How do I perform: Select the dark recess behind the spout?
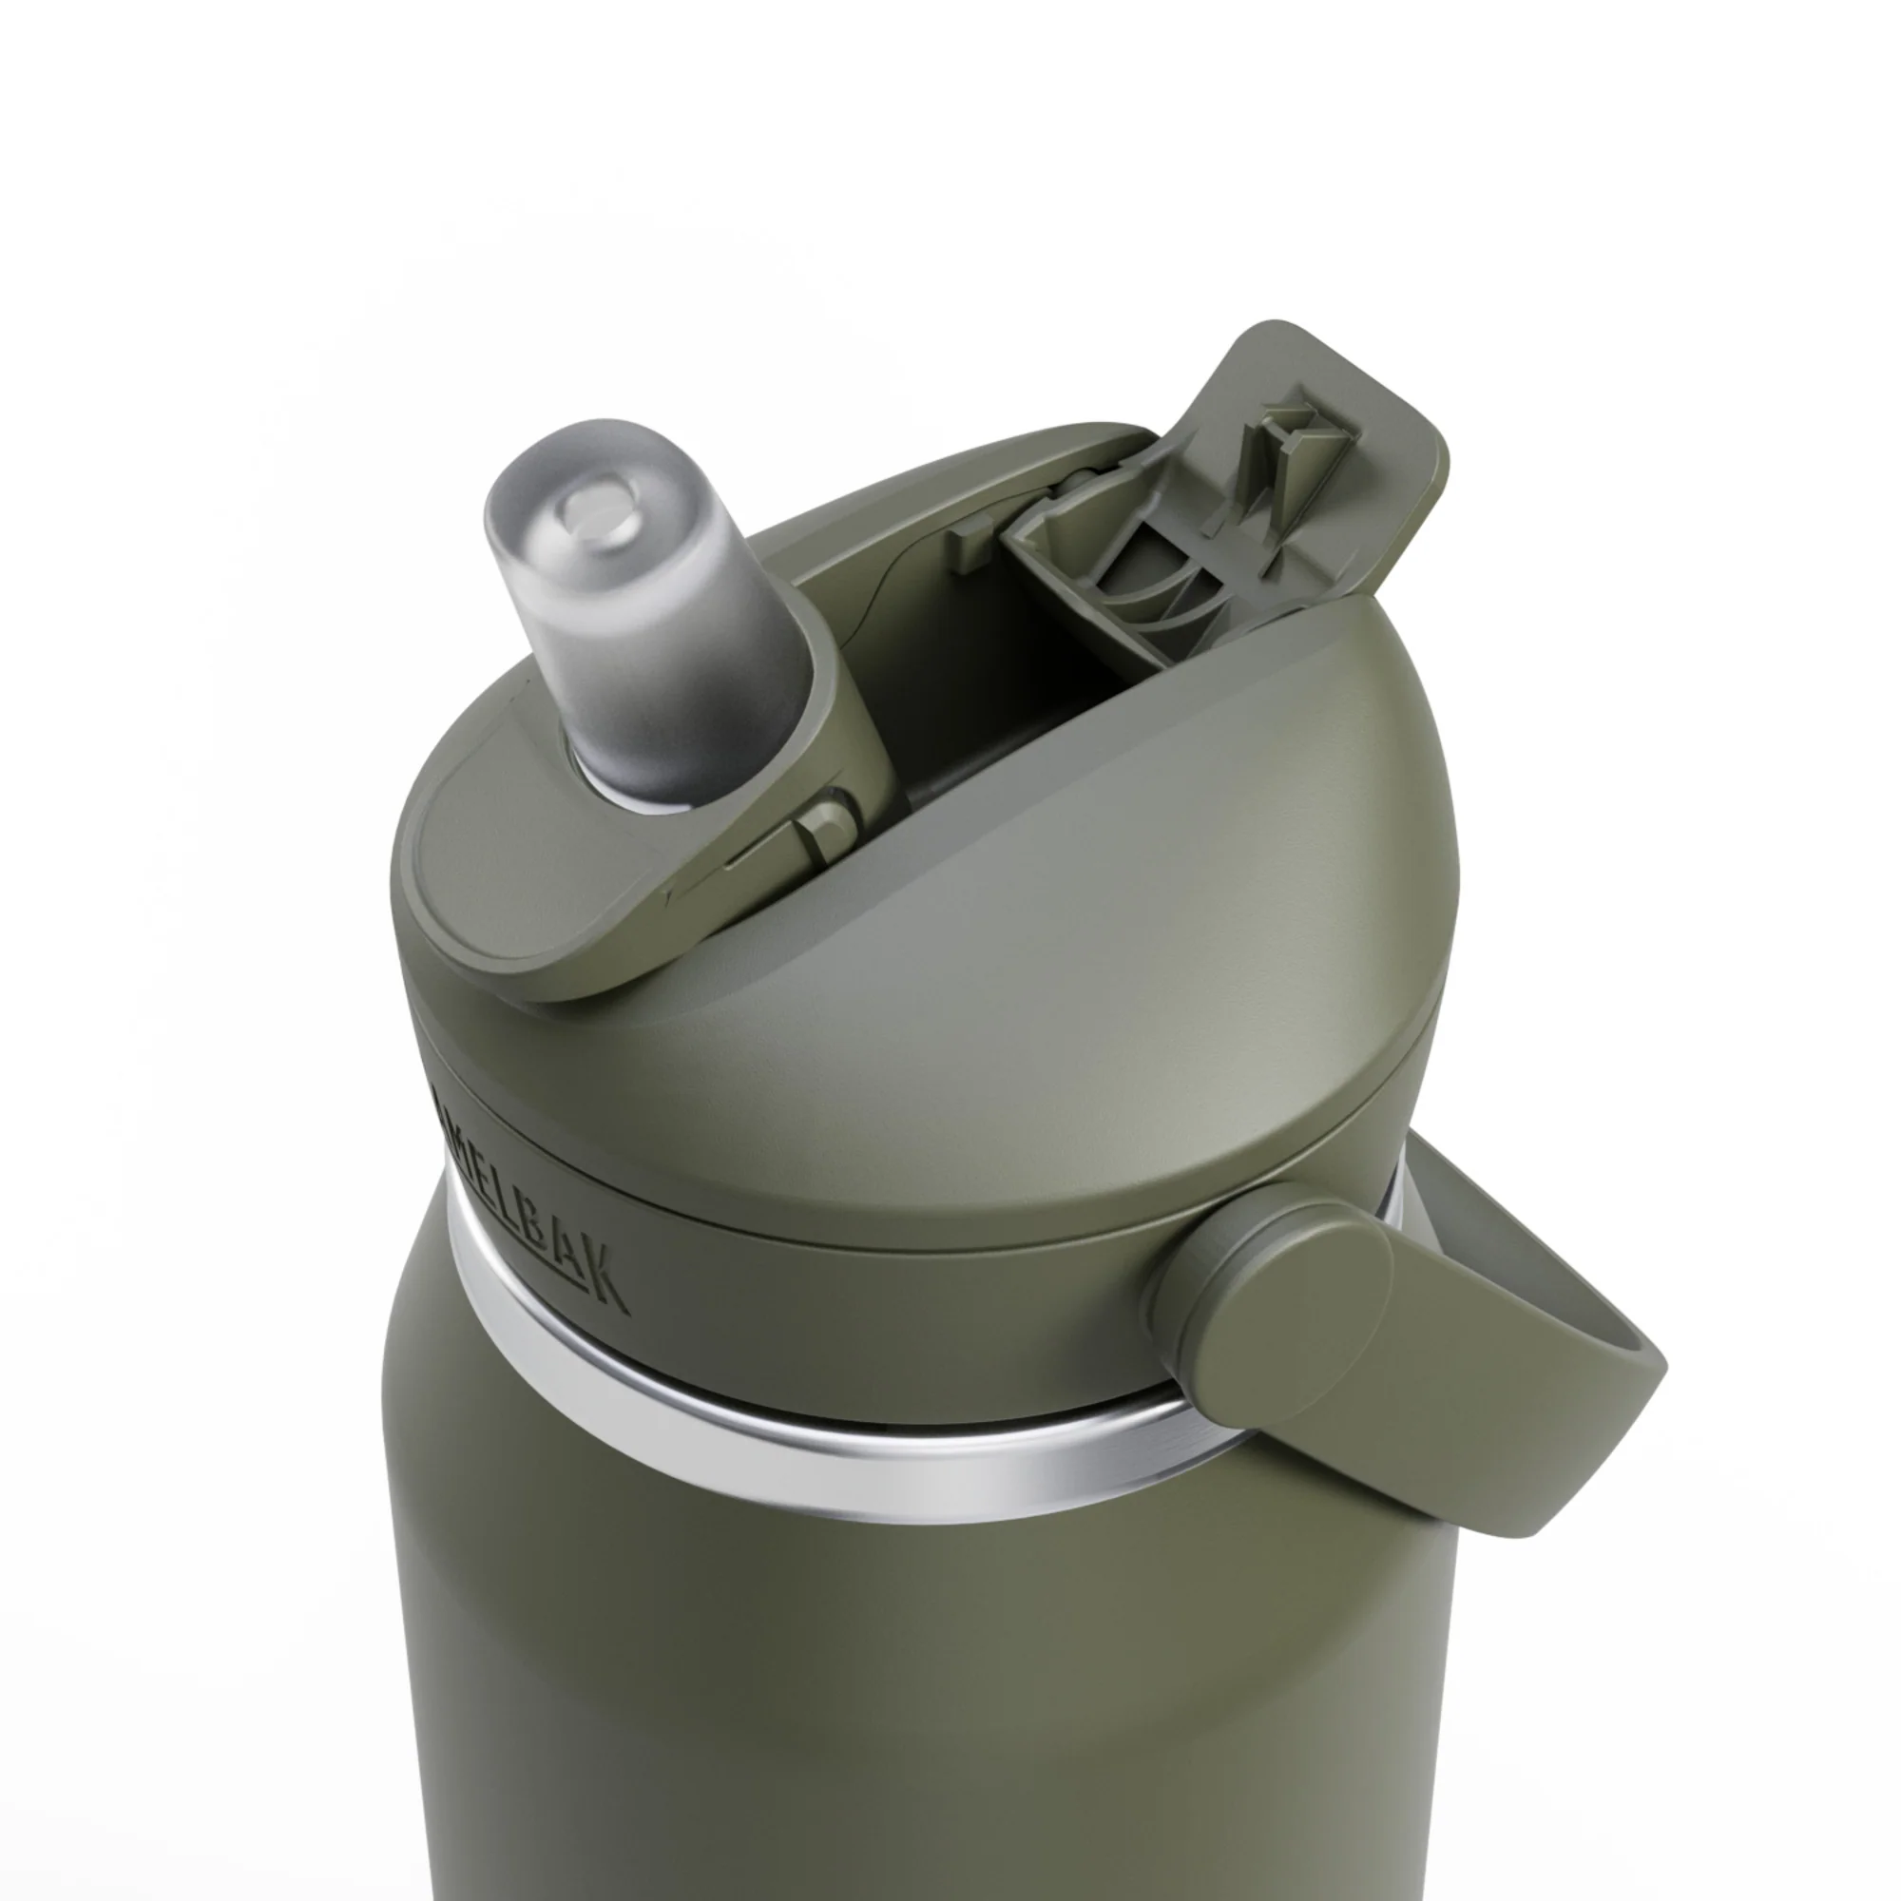click(x=984, y=689)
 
